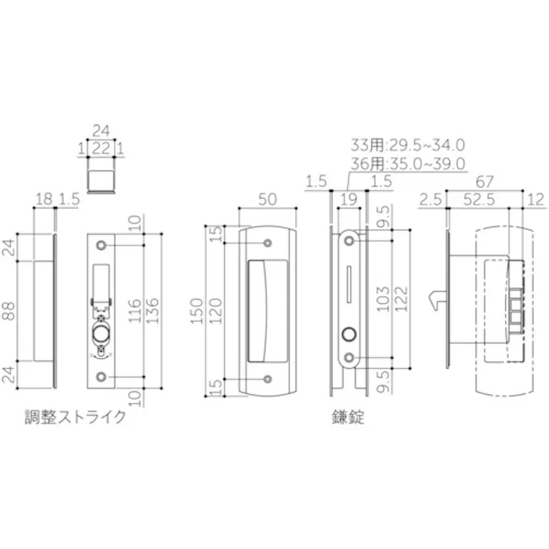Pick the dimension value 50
coord(267,199)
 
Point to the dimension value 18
coord(44,199)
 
